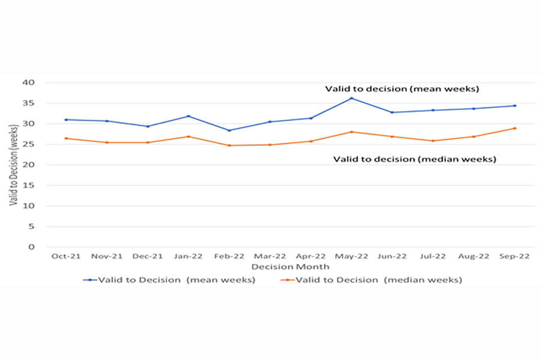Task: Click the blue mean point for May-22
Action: click(352, 98)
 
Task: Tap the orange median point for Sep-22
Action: click(515, 128)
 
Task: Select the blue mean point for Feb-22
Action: click(229, 130)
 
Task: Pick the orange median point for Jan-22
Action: click(188, 137)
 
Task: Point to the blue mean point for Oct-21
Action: click(66, 120)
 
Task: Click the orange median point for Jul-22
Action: click(433, 141)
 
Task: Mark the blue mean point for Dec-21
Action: click(147, 127)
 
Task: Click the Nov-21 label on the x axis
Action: click(107, 256)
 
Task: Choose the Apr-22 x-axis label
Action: click(310, 256)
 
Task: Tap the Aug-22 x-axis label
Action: click(474, 256)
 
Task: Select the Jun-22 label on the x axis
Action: click(392, 256)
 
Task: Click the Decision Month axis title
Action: click(290, 266)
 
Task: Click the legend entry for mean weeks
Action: click(169, 280)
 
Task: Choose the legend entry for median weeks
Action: click(371, 280)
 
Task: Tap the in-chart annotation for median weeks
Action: click(415, 159)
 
